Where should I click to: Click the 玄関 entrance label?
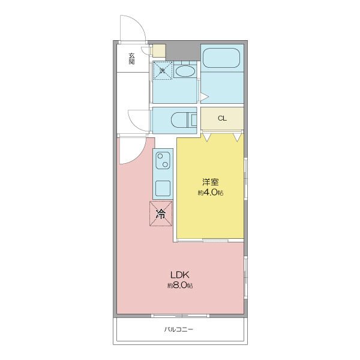(131, 59)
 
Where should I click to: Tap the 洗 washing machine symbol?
(163, 70)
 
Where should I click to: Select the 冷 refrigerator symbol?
(161, 214)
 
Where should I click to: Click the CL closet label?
(222, 118)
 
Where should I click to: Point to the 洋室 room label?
(211, 182)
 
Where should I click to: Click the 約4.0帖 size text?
(211, 193)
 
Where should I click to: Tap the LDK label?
(179, 275)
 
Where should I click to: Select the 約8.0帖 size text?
(180, 286)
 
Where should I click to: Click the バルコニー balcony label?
(179, 329)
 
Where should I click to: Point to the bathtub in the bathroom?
(221, 58)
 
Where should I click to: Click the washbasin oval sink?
(185, 71)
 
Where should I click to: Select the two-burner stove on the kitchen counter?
(163, 160)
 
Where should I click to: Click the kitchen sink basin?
(163, 188)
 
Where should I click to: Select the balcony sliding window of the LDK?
(180, 316)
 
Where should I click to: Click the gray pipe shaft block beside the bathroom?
(183, 52)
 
